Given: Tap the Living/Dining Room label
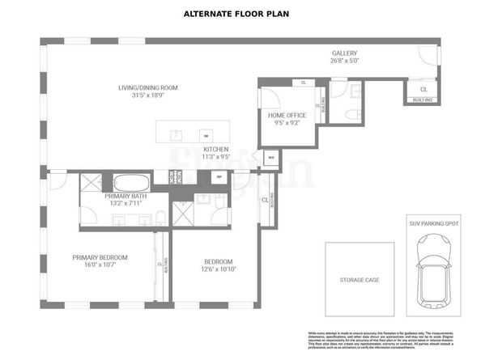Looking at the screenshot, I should pos(147,87).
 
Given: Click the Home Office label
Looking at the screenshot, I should pos(287,116).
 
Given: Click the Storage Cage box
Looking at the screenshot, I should pos(360,280).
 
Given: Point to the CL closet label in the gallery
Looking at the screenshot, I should pos(424,89).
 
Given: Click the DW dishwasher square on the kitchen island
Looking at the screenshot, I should pos(206,135).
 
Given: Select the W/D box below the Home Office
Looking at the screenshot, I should pos(271,158).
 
